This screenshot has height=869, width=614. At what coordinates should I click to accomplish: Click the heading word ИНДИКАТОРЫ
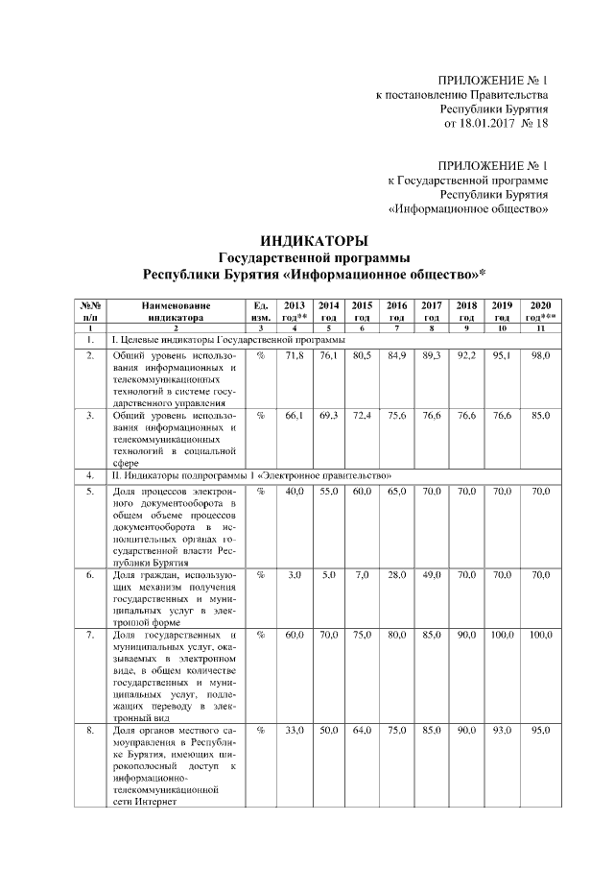[314, 240]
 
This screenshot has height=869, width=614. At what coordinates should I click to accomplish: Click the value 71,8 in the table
[295, 355]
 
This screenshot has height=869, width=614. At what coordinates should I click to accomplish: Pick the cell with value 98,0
[540, 355]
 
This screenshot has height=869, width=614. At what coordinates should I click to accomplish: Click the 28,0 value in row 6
[396, 574]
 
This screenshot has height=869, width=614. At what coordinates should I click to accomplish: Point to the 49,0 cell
[432, 574]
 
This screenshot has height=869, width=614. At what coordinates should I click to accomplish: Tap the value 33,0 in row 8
[295, 732]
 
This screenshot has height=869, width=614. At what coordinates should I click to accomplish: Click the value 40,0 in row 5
[295, 491]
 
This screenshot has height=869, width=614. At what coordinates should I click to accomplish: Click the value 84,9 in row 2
[396, 355]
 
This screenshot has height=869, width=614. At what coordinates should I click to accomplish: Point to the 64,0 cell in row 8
[363, 732]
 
